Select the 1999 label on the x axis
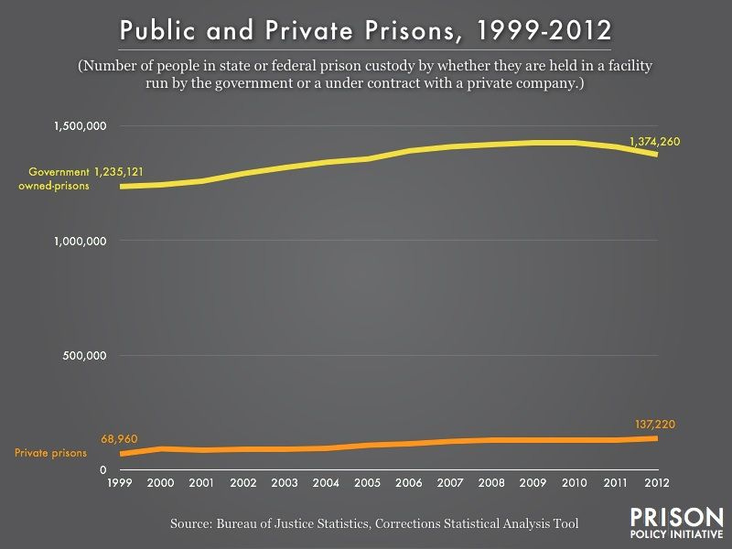click(120, 482)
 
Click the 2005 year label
click(368, 482)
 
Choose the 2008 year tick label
click(492, 482)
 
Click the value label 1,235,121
click(125, 171)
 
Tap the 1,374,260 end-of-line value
click(655, 141)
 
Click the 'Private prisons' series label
click(51, 452)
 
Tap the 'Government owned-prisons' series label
click(59, 178)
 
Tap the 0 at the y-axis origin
click(103, 470)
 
